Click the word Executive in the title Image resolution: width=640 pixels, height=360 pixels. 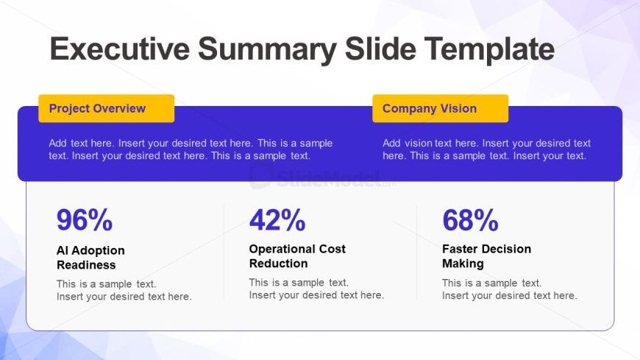[120, 49]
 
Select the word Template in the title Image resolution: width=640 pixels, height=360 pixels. [489, 49]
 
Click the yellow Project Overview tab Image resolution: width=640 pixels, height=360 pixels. [107, 108]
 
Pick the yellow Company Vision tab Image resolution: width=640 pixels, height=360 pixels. [441, 108]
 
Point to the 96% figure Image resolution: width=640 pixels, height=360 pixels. [85, 220]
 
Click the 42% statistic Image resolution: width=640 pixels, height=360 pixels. [277, 220]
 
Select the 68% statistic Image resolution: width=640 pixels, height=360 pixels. [470, 220]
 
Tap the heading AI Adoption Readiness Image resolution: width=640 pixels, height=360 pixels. [90, 258]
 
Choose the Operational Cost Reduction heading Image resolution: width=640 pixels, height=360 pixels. [297, 256]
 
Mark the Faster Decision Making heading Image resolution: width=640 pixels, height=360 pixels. [486, 256]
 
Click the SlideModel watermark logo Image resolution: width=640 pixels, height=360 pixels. [322, 178]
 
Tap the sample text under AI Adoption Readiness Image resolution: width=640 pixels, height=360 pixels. [124, 290]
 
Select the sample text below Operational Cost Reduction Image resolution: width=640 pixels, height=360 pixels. [317, 289]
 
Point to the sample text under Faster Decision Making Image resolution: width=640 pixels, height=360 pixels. [509, 289]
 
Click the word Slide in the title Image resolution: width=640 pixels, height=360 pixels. [380, 49]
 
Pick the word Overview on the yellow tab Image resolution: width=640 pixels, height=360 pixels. [121, 108]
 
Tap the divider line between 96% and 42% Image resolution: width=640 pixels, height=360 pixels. [224, 253]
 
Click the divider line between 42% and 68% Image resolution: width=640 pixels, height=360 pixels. [416, 253]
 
